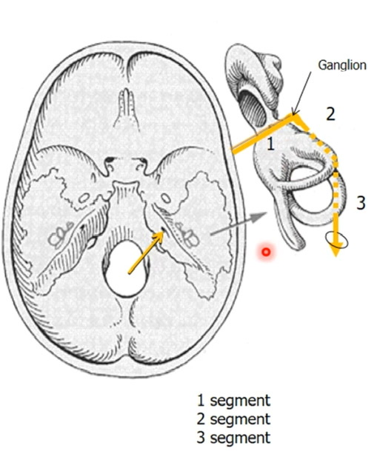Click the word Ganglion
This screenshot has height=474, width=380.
click(342, 65)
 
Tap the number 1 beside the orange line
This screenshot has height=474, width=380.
click(270, 144)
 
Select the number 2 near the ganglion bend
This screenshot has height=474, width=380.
click(330, 114)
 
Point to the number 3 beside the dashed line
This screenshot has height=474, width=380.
click(361, 203)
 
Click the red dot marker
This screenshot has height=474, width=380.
click(266, 252)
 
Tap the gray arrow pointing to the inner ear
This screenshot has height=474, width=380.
click(239, 224)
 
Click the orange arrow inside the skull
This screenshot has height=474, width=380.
click(147, 253)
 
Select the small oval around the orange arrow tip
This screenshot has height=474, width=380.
click(337, 241)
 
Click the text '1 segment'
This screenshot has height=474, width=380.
click(233, 401)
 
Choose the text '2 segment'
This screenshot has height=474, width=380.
click(233, 419)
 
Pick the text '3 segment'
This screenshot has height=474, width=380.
click(233, 438)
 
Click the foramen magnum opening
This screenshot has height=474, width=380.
click(125, 268)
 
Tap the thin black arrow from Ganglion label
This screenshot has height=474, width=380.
click(301, 93)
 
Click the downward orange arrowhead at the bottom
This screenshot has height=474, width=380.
click(336, 250)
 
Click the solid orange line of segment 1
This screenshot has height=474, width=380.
click(262, 133)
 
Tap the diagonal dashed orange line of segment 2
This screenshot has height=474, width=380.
click(318, 138)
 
